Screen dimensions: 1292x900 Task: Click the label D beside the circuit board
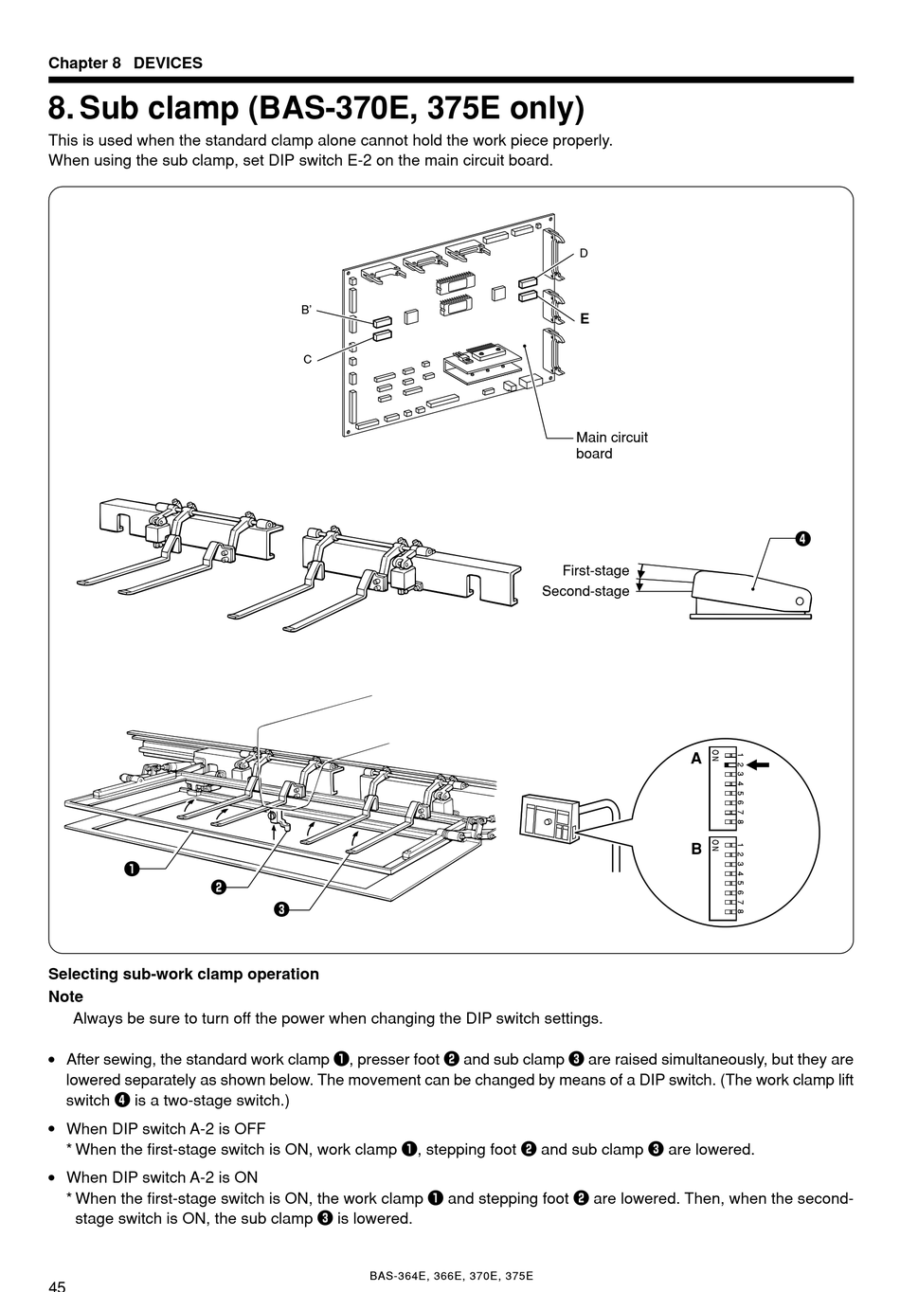click(584, 253)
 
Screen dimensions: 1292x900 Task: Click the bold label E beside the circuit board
click(585, 319)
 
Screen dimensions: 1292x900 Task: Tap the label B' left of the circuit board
click(306, 310)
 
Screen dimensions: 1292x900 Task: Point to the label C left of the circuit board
click(308, 360)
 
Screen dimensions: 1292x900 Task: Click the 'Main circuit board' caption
click(611, 445)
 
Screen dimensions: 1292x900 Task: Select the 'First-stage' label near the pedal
click(595, 570)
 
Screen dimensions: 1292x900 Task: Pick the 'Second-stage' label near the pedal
click(585, 591)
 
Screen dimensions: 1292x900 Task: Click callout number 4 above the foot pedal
click(801, 539)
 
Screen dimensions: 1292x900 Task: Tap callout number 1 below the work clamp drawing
click(130, 868)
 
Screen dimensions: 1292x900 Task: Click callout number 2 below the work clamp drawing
click(218, 888)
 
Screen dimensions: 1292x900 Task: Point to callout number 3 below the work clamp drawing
click(281, 910)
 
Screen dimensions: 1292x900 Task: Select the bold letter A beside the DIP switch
click(696, 759)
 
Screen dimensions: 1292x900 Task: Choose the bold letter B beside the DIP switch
click(696, 849)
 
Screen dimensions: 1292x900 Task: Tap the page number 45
click(57, 1285)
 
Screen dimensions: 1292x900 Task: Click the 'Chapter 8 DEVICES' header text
click(125, 63)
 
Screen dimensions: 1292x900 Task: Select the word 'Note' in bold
click(65, 996)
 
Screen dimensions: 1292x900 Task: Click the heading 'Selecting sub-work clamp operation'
click(183, 974)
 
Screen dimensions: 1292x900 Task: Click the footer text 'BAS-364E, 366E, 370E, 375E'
click(451, 1276)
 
